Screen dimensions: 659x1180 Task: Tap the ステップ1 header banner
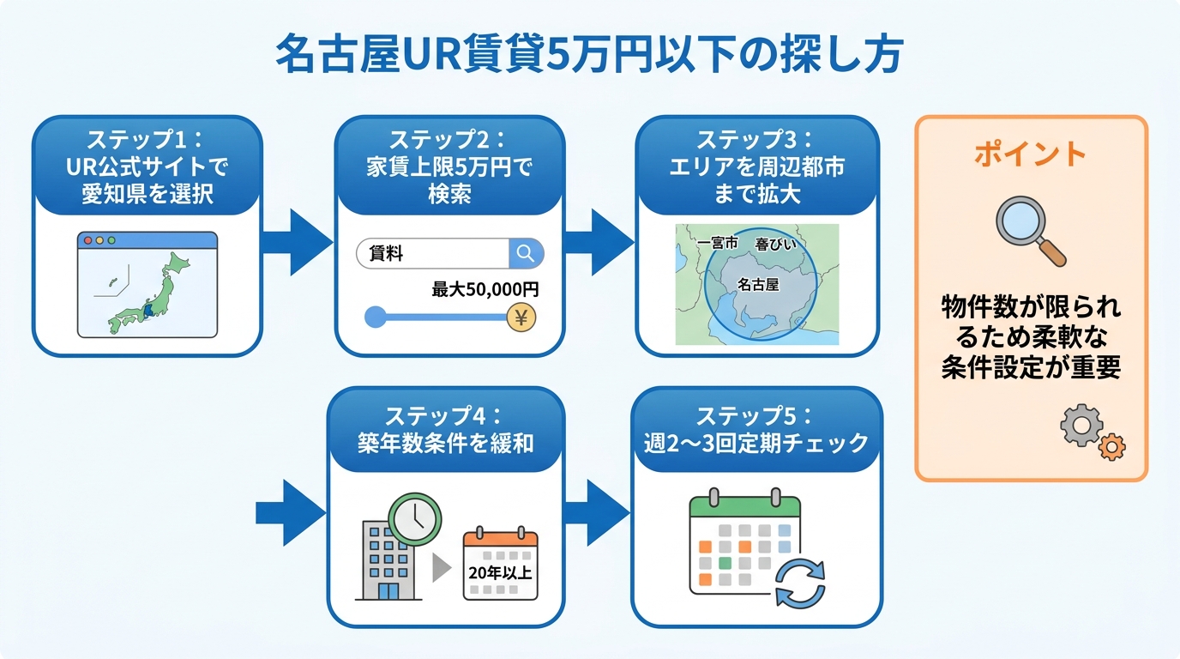147,166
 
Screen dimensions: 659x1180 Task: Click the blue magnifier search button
526,253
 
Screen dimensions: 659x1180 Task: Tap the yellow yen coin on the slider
521,317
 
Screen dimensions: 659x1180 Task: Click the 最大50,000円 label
485,290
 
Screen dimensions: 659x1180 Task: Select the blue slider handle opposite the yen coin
375,317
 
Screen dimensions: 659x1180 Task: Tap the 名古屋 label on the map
757,284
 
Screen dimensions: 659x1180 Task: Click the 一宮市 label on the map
718,244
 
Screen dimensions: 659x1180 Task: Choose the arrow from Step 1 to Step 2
297,243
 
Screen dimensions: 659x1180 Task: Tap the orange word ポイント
1030,154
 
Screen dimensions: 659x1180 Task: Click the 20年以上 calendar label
500,570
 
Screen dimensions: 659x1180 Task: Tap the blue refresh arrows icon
799,583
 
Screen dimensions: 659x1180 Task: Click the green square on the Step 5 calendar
725,564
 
